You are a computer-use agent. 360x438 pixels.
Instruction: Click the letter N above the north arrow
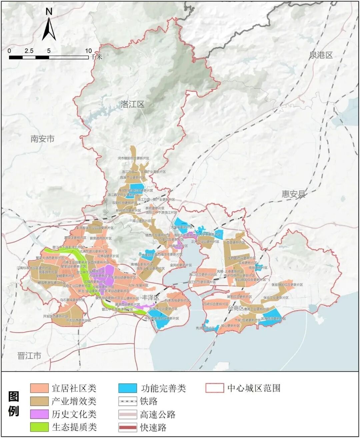(x=49, y=12)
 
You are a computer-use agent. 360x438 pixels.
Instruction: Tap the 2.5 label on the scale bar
(x=29, y=51)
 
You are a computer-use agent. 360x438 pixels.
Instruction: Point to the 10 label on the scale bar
(x=88, y=51)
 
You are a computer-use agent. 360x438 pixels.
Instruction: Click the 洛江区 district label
(x=132, y=104)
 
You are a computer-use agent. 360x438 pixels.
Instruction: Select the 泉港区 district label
(x=321, y=55)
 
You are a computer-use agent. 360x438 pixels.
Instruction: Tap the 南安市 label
(x=42, y=139)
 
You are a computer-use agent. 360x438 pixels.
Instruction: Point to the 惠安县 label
(x=293, y=194)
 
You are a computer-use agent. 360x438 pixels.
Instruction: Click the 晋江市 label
(x=29, y=356)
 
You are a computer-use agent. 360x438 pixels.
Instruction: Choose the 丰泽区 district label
(x=150, y=297)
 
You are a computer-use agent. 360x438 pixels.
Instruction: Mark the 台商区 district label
(x=236, y=309)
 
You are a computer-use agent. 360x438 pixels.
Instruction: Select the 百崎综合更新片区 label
(x=216, y=304)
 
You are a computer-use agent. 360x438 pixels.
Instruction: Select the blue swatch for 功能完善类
(x=128, y=388)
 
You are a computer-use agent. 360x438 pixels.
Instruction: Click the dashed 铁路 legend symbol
(x=128, y=401)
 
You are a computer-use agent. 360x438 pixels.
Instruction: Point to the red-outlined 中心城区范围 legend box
(x=215, y=388)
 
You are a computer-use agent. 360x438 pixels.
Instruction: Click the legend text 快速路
(x=153, y=428)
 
